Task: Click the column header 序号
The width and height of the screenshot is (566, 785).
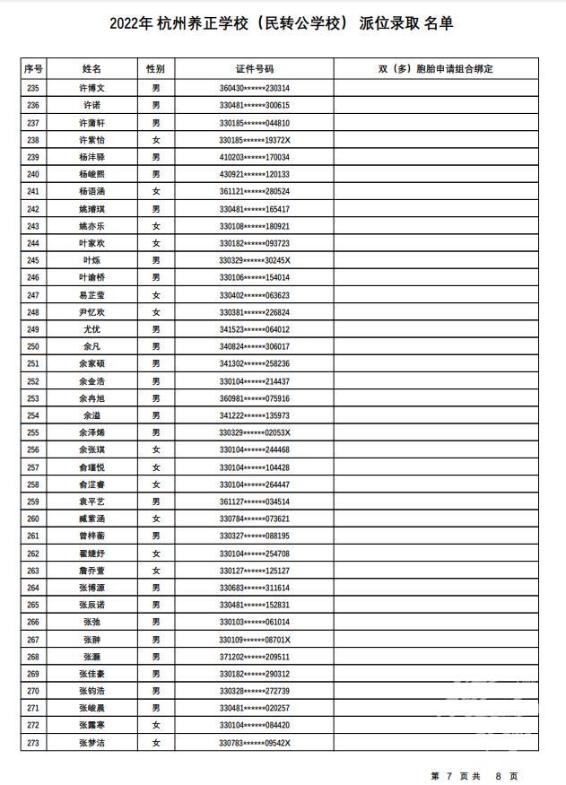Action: (x=33, y=68)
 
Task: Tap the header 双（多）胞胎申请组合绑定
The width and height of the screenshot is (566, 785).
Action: (x=436, y=68)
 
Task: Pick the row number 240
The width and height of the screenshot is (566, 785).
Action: (x=33, y=174)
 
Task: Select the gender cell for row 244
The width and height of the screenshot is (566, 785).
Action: (x=156, y=243)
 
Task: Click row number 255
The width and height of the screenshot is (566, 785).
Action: (x=33, y=432)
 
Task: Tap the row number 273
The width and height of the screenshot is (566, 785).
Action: (x=33, y=743)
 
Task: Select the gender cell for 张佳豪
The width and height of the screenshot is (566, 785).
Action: (x=156, y=674)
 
